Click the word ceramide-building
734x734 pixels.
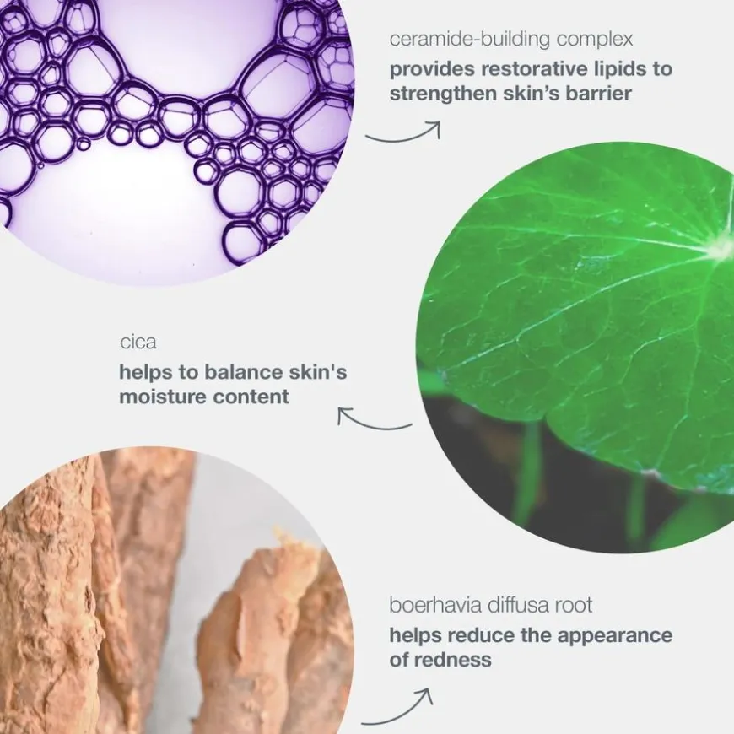pos(470,40)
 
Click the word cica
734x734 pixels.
pos(138,343)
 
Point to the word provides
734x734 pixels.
pos(432,70)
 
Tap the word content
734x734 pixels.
pos(251,397)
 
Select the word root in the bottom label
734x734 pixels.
pos(574,605)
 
